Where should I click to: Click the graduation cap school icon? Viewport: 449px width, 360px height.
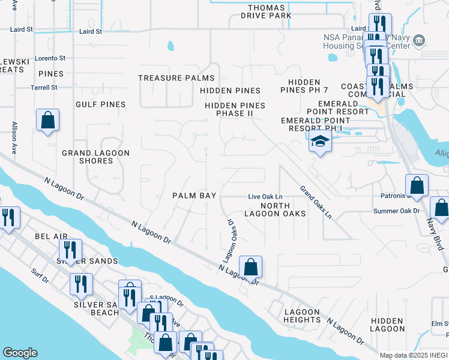coord(320,143)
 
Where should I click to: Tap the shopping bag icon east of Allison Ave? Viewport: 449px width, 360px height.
coord(47,120)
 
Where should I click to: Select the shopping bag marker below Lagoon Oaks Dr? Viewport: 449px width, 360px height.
coord(251,266)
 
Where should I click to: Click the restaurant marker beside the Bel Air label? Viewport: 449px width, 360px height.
coord(71,250)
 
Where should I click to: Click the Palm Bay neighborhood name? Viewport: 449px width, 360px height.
coord(191,196)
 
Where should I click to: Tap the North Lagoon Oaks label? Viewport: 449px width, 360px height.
coord(275,209)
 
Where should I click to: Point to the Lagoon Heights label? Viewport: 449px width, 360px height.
coord(303,316)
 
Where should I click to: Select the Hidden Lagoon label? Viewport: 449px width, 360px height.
coord(387,325)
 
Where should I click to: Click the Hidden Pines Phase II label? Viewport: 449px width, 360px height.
coord(235,109)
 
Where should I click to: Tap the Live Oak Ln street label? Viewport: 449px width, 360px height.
coord(265,197)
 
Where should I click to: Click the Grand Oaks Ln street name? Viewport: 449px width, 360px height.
coord(316,202)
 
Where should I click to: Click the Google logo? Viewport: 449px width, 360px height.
coord(20,353)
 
